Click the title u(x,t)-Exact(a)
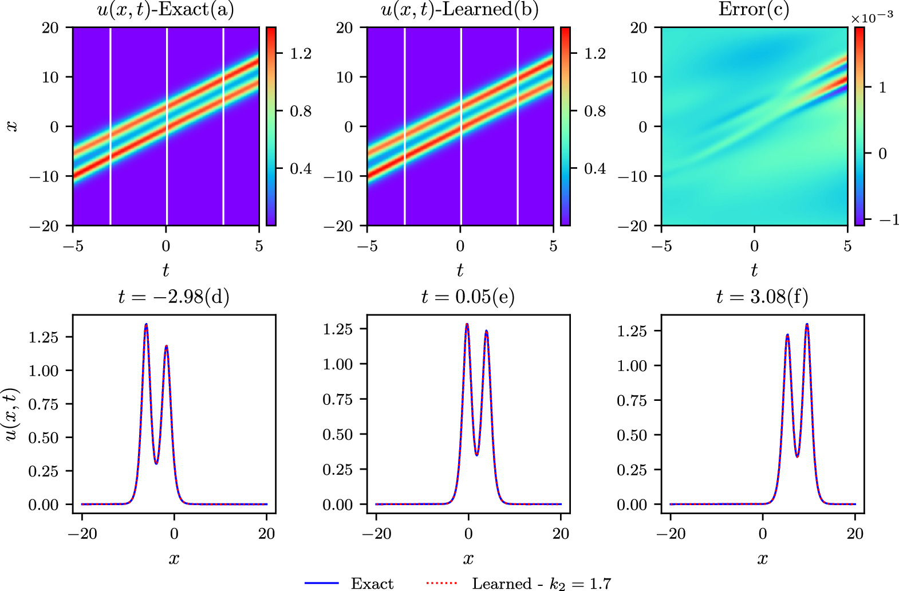pos(165,10)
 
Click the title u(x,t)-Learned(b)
pos(460,10)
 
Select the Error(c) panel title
pos(754,10)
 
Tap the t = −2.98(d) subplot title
pos(174,297)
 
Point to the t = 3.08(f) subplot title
pos(762,297)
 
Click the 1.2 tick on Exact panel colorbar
pos(301,53)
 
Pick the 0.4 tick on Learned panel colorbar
pos(595,168)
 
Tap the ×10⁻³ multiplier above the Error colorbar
pos(872,17)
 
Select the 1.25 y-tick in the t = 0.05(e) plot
pos(337,329)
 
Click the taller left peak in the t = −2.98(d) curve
pos(146,325)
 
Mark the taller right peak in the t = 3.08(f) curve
pos(807,325)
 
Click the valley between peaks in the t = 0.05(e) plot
pos(477,455)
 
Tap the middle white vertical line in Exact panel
pos(167,126)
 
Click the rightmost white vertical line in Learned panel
pos(518,126)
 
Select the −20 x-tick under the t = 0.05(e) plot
pos(377,534)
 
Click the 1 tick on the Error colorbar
pos(882,88)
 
